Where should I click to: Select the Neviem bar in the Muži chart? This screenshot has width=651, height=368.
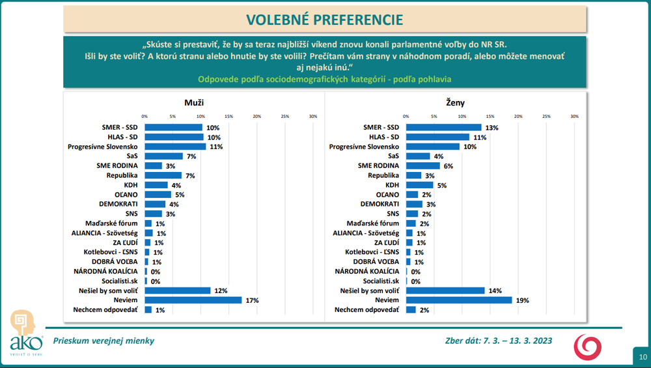[193, 300]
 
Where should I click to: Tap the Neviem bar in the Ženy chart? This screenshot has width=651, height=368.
[459, 300]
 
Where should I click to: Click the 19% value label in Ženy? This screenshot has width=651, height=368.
[521, 300]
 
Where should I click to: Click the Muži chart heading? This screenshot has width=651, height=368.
[195, 102]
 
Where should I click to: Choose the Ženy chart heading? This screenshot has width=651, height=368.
[456, 102]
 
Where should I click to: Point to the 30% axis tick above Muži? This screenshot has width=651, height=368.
[312, 117]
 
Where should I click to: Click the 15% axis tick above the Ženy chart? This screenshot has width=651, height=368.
[490, 117]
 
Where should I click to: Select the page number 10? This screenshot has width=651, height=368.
[643, 356]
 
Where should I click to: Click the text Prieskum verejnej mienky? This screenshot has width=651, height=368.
[104, 340]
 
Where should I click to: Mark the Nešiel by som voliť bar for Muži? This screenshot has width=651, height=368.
[178, 290]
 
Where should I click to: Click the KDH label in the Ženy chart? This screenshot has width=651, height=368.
[392, 186]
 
